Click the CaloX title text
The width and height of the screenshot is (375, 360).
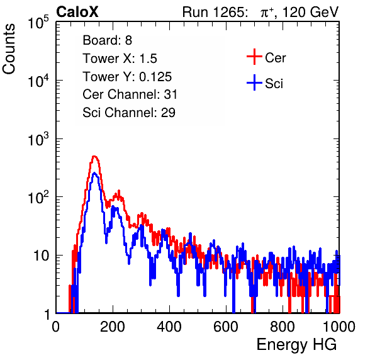click(x=77, y=12)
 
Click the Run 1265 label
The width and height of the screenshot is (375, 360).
click(x=215, y=12)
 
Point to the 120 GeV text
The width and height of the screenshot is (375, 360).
click(x=310, y=12)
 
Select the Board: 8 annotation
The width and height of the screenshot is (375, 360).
click(x=108, y=40)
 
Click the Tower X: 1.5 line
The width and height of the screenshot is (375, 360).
click(x=120, y=59)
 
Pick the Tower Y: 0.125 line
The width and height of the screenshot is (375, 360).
click(x=127, y=77)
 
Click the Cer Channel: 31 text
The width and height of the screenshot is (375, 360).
click(x=130, y=94)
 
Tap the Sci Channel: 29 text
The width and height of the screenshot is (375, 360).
click(x=129, y=113)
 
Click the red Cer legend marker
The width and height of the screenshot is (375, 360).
click(x=254, y=57)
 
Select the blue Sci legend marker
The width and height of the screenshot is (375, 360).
click(x=254, y=83)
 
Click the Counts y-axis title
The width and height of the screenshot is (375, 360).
click(x=9, y=49)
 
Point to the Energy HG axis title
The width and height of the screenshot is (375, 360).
click(x=296, y=344)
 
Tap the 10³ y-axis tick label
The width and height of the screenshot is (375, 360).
click(x=38, y=138)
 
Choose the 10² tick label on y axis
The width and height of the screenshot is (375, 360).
click(x=38, y=197)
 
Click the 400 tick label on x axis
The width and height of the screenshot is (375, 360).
click(x=169, y=327)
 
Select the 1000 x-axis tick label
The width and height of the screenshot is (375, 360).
click(x=339, y=327)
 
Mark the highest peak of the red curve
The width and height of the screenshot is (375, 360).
click(x=94, y=157)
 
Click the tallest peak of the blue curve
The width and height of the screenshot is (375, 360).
click(x=94, y=172)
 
